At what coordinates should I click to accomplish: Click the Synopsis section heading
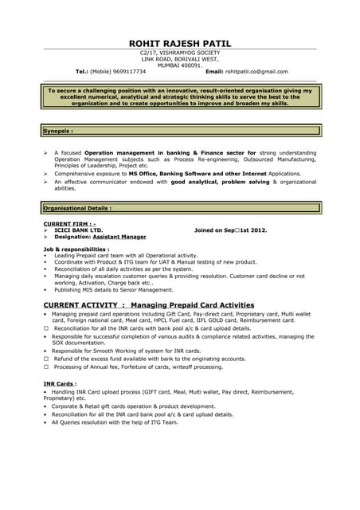pyautogui.click(x=58, y=130)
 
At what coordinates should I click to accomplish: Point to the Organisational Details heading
pyautogui.click(x=77, y=208)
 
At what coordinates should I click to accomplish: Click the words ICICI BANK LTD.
pyautogui.click(x=79, y=230)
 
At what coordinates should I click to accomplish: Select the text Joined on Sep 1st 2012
pyautogui.click(x=231, y=230)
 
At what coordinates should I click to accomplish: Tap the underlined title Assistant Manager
pyautogui.click(x=119, y=237)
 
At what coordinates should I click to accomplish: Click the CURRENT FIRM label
pyautogui.click(x=69, y=224)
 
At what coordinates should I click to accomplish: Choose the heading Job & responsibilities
pyautogui.click(x=76, y=249)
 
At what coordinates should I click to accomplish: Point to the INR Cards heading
pyautogui.click(x=60, y=384)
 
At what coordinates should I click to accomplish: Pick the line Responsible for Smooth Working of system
pyautogui.click(x=127, y=351)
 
